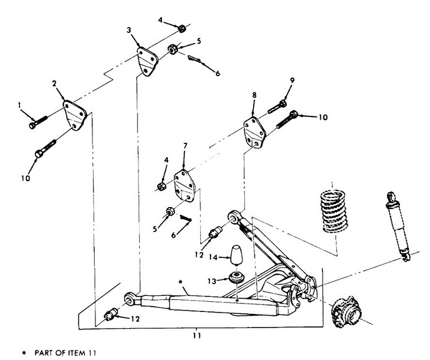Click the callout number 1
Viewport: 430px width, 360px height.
(19, 105)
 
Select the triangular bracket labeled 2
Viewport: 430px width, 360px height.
(74, 115)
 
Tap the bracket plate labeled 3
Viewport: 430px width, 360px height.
(148, 61)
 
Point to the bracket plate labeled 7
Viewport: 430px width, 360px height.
(185, 185)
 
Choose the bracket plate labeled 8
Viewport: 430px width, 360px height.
(254, 133)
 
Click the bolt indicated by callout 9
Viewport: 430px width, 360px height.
(277, 107)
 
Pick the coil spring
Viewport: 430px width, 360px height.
(333, 211)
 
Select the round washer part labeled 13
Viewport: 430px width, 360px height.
(236, 278)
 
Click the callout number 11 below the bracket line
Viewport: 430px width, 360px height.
(197, 335)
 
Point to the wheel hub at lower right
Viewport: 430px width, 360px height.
(345, 312)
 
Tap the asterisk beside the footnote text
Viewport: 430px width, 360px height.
(24, 353)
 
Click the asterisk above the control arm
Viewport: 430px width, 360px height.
(180, 282)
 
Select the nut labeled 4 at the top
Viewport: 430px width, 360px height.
(181, 29)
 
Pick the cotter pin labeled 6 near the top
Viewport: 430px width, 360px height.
(194, 59)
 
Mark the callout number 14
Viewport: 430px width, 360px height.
(213, 257)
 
